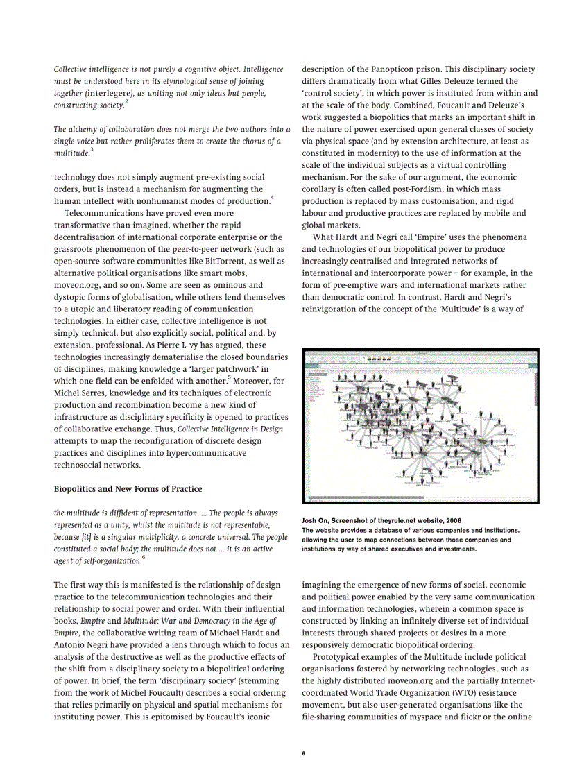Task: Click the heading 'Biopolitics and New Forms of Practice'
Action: point(128,489)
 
